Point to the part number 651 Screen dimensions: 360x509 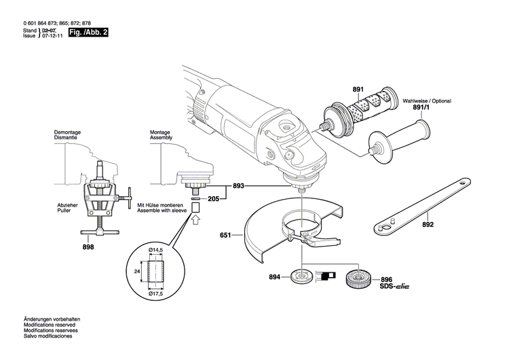(x=226, y=235)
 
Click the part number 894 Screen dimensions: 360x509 (x=274, y=277)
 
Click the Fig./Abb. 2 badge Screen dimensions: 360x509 (x=89, y=32)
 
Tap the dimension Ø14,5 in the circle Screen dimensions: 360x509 (x=157, y=251)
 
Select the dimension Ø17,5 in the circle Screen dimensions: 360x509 (x=157, y=294)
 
